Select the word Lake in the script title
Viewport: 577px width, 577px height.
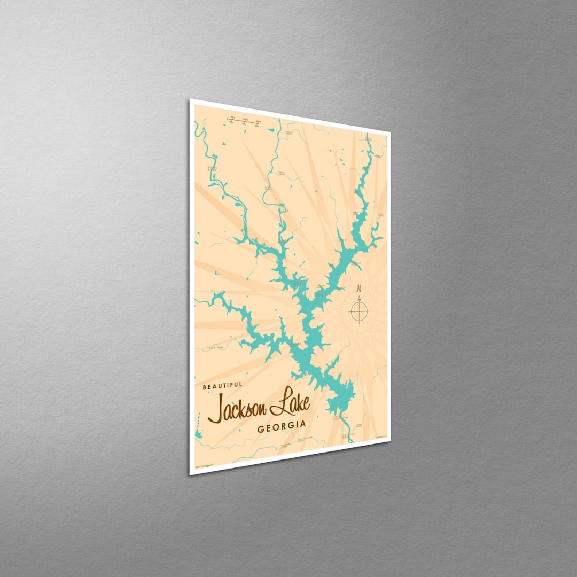click(290, 404)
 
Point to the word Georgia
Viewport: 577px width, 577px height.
click(282, 426)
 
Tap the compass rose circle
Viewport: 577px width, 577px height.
click(360, 311)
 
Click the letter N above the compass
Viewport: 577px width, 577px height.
click(358, 288)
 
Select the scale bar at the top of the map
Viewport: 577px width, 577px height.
click(243, 121)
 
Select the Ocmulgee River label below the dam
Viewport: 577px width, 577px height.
click(349, 435)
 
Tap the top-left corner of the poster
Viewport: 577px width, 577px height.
click(191, 100)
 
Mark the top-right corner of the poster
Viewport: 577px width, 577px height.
click(389, 131)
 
